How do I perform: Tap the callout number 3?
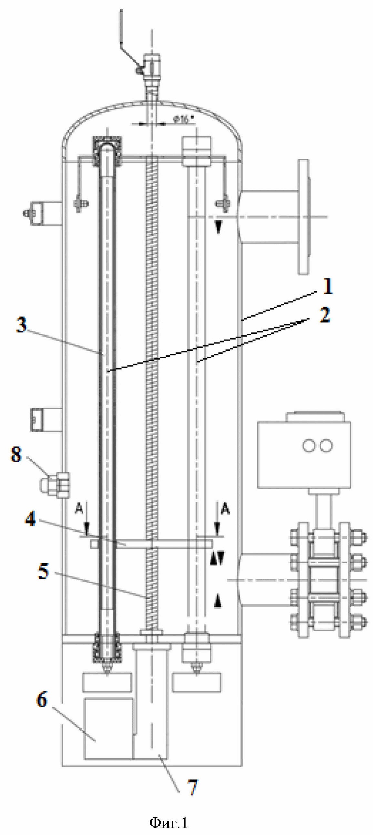[22, 325]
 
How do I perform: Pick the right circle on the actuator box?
[325, 445]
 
